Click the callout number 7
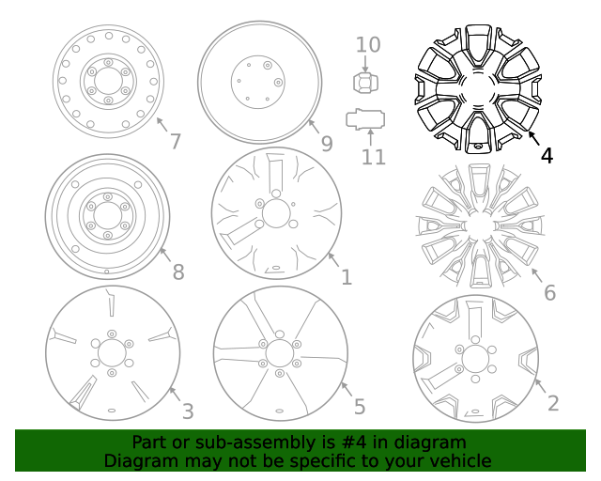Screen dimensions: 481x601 pyautogui.click(x=175, y=142)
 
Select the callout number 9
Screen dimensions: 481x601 pyautogui.click(x=327, y=143)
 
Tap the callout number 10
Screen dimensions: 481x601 pyautogui.click(x=368, y=43)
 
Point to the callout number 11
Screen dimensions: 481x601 pyautogui.click(x=374, y=156)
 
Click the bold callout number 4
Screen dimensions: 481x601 pyautogui.click(x=547, y=154)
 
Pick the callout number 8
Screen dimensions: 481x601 pyautogui.click(x=177, y=272)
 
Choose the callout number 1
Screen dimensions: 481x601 pyautogui.click(x=346, y=277)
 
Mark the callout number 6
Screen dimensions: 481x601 pyautogui.click(x=549, y=292)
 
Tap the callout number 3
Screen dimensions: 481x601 pyautogui.click(x=187, y=411)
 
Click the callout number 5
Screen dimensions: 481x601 pyautogui.click(x=359, y=407)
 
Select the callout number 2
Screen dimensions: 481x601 pyautogui.click(x=553, y=403)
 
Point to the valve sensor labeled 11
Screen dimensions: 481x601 pyautogui.click(x=365, y=119)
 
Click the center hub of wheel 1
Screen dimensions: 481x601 pyautogui.click(x=276, y=214)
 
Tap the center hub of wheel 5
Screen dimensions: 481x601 pyautogui.click(x=280, y=353)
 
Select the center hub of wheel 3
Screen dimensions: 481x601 pyautogui.click(x=111, y=354)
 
